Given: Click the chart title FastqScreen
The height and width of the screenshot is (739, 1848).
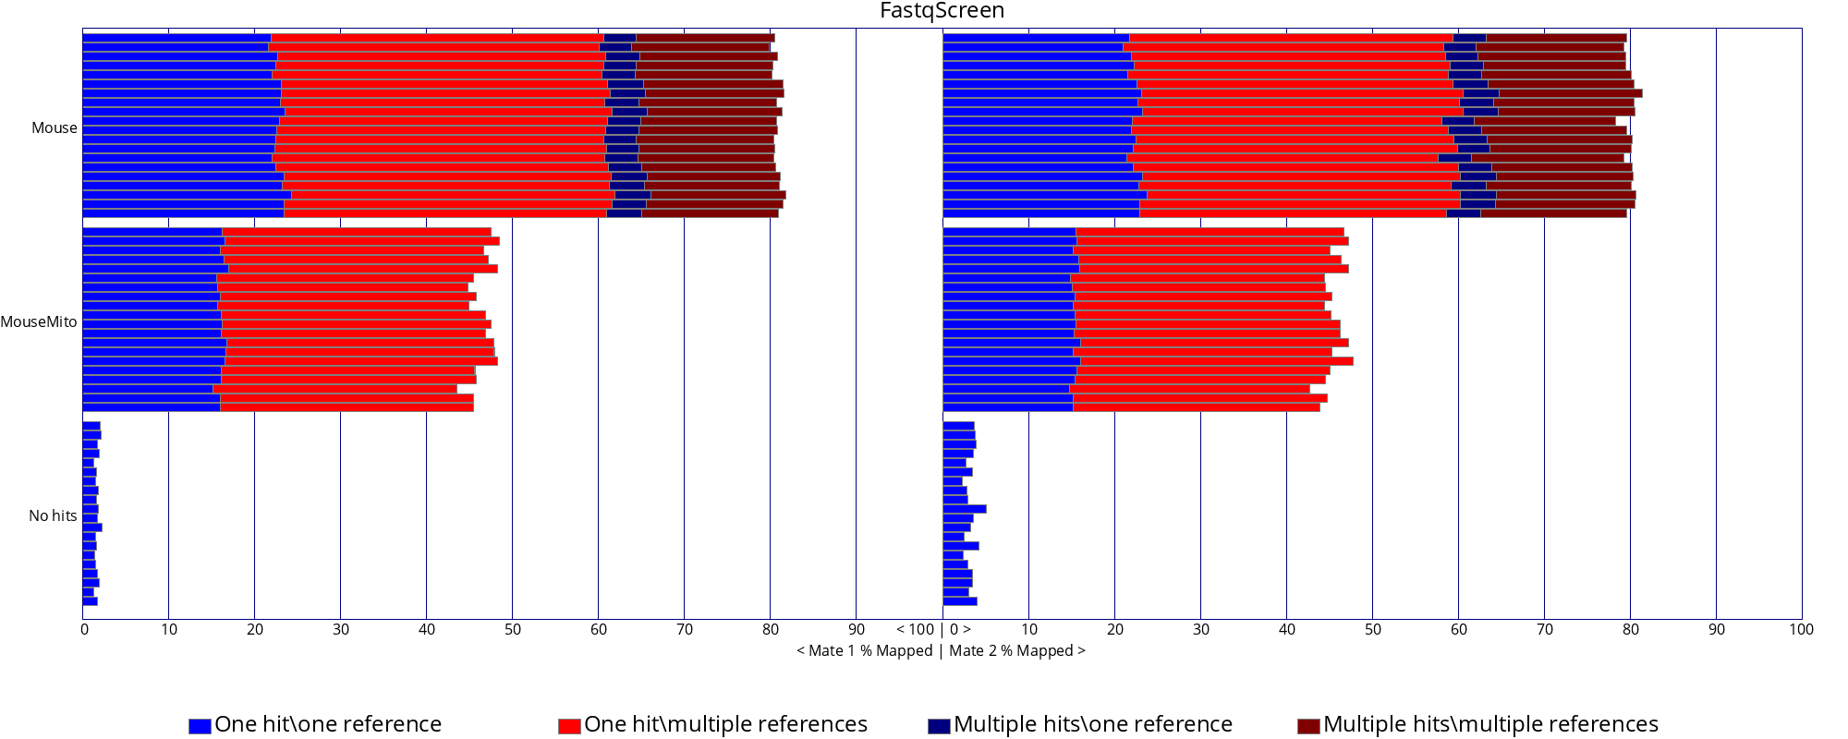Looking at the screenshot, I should pyautogui.click(x=942, y=11).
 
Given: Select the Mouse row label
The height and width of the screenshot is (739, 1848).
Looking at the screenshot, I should pyautogui.click(x=55, y=128).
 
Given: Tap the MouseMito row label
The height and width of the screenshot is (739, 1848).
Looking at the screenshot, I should pyautogui.click(x=39, y=322).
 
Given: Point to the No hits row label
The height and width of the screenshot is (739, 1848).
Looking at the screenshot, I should pyautogui.click(x=53, y=516).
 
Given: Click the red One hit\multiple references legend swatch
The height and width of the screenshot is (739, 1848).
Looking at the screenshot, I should pyautogui.click(x=569, y=726).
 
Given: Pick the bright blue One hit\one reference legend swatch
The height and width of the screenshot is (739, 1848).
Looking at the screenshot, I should pyautogui.click(x=200, y=726).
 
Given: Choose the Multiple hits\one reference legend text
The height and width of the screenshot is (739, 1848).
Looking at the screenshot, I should pyautogui.click(x=1093, y=725).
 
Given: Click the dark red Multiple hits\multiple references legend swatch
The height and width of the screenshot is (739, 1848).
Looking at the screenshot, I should pyautogui.click(x=1308, y=726).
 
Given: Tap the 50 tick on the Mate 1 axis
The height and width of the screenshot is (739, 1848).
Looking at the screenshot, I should pyautogui.click(x=513, y=630).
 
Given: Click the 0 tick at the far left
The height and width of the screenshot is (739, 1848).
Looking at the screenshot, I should pyautogui.click(x=85, y=630).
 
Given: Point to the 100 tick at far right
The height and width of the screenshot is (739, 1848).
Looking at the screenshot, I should pyautogui.click(x=1801, y=630).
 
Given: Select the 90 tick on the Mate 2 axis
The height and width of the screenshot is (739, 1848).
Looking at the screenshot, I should pyautogui.click(x=1716, y=630).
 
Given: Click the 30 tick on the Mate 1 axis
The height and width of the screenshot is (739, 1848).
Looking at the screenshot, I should pyautogui.click(x=341, y=630).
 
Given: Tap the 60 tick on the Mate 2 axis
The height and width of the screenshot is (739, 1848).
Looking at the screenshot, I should pyautogui.click(x=1458, y=630).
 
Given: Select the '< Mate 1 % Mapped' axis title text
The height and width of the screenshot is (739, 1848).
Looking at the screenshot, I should pyautogui.click(x=865, y=651).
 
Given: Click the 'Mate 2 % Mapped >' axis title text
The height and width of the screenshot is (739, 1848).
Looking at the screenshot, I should pyautogui.click(x=1017, y=651).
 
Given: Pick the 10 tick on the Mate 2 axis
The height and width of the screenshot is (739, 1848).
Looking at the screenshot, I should pyautogui.click(x=1028, y=630).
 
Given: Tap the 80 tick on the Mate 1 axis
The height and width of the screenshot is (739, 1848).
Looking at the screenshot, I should pyautogui.click(x=771, y=630).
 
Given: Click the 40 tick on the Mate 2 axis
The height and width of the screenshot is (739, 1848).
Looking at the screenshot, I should pyautogui.click(x=1286, y=630).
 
